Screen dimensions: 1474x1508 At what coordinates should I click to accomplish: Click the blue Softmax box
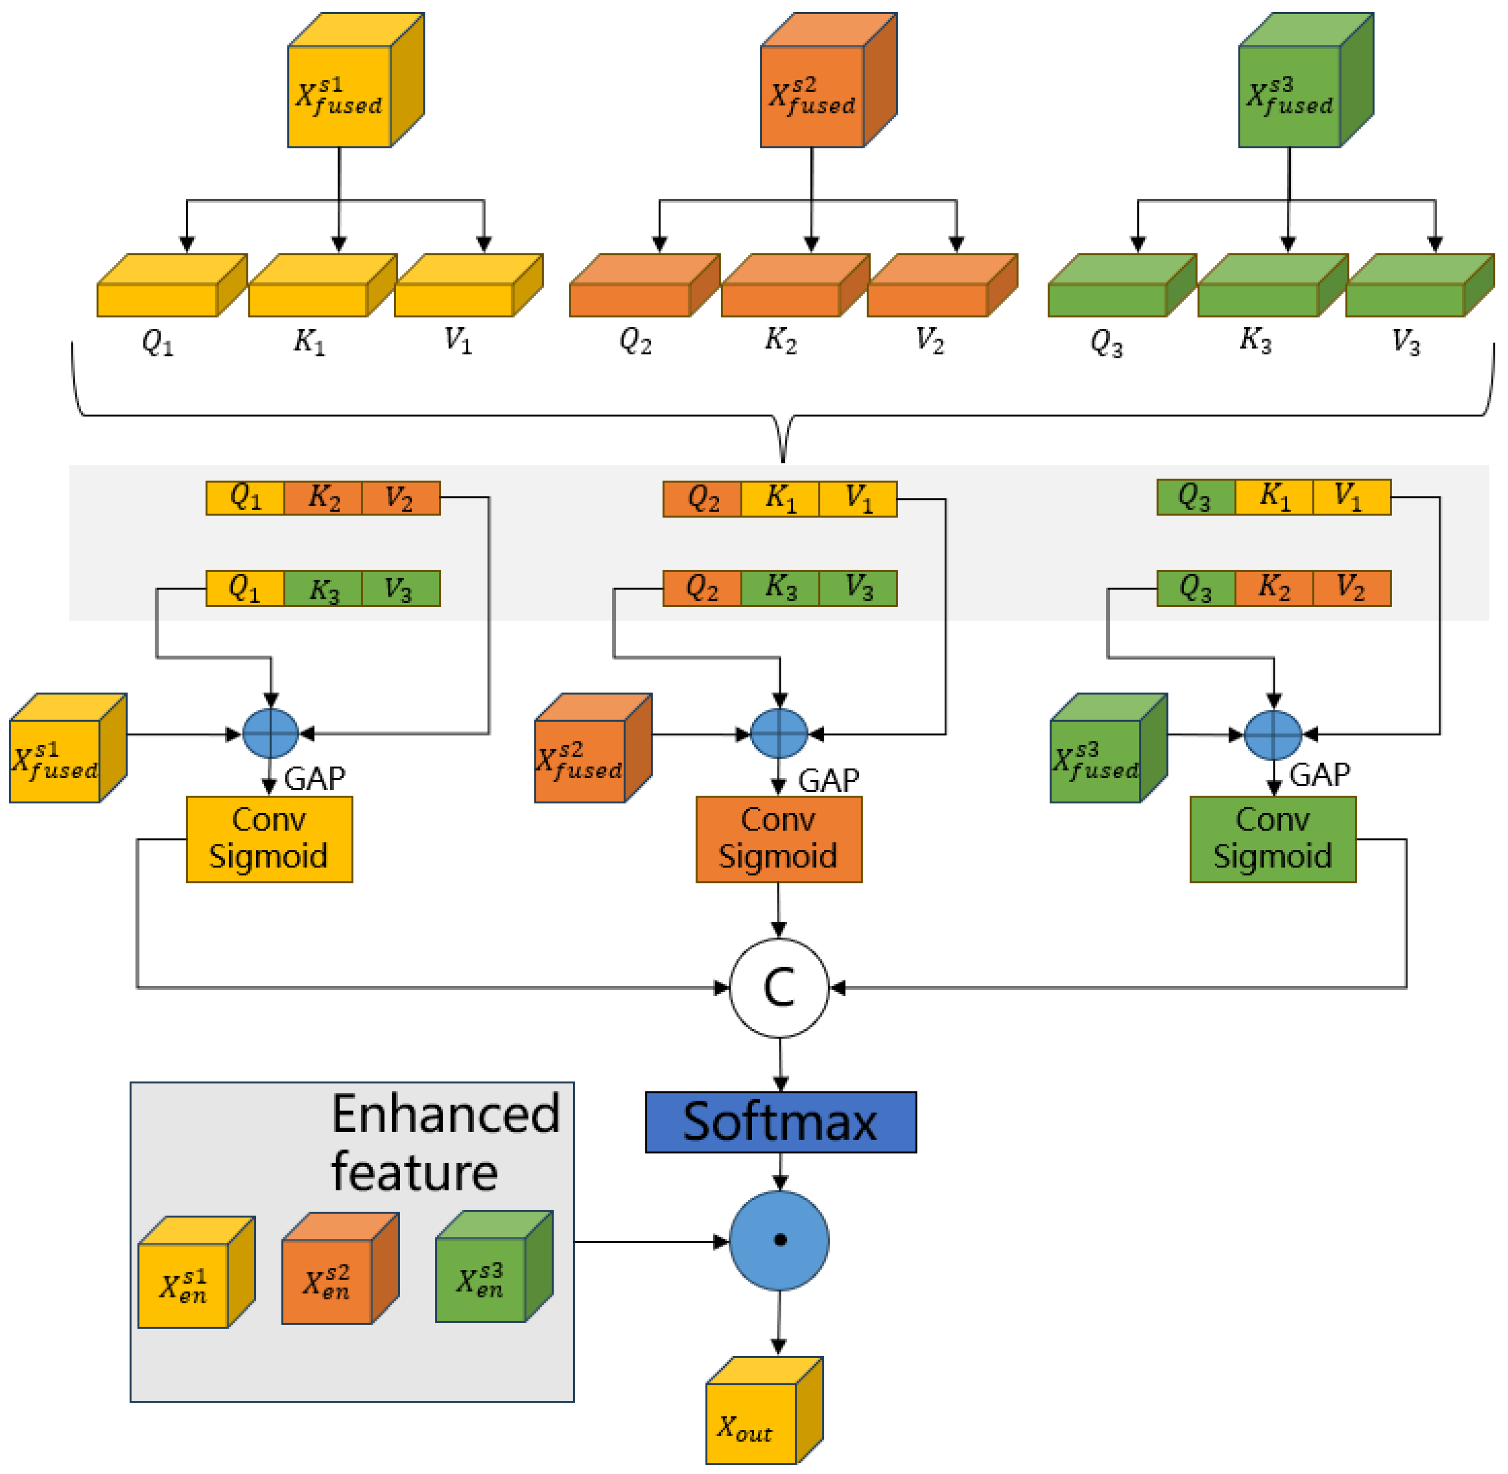tap(780, 1122)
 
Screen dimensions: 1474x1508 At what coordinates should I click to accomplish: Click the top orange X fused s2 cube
tap(813, 95)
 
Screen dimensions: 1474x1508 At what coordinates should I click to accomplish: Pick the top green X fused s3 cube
tap(1290, 95)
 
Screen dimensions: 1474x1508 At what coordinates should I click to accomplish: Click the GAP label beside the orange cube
tap(828, 780)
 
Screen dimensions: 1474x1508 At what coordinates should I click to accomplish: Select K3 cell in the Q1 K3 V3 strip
tap(323, 588)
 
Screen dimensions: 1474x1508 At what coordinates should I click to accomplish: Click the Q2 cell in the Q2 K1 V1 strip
tap(702, 498)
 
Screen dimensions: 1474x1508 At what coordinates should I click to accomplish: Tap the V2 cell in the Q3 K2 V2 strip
tap(1351, 588)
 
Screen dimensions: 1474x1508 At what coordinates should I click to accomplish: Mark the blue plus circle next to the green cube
tap(1273, 734)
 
